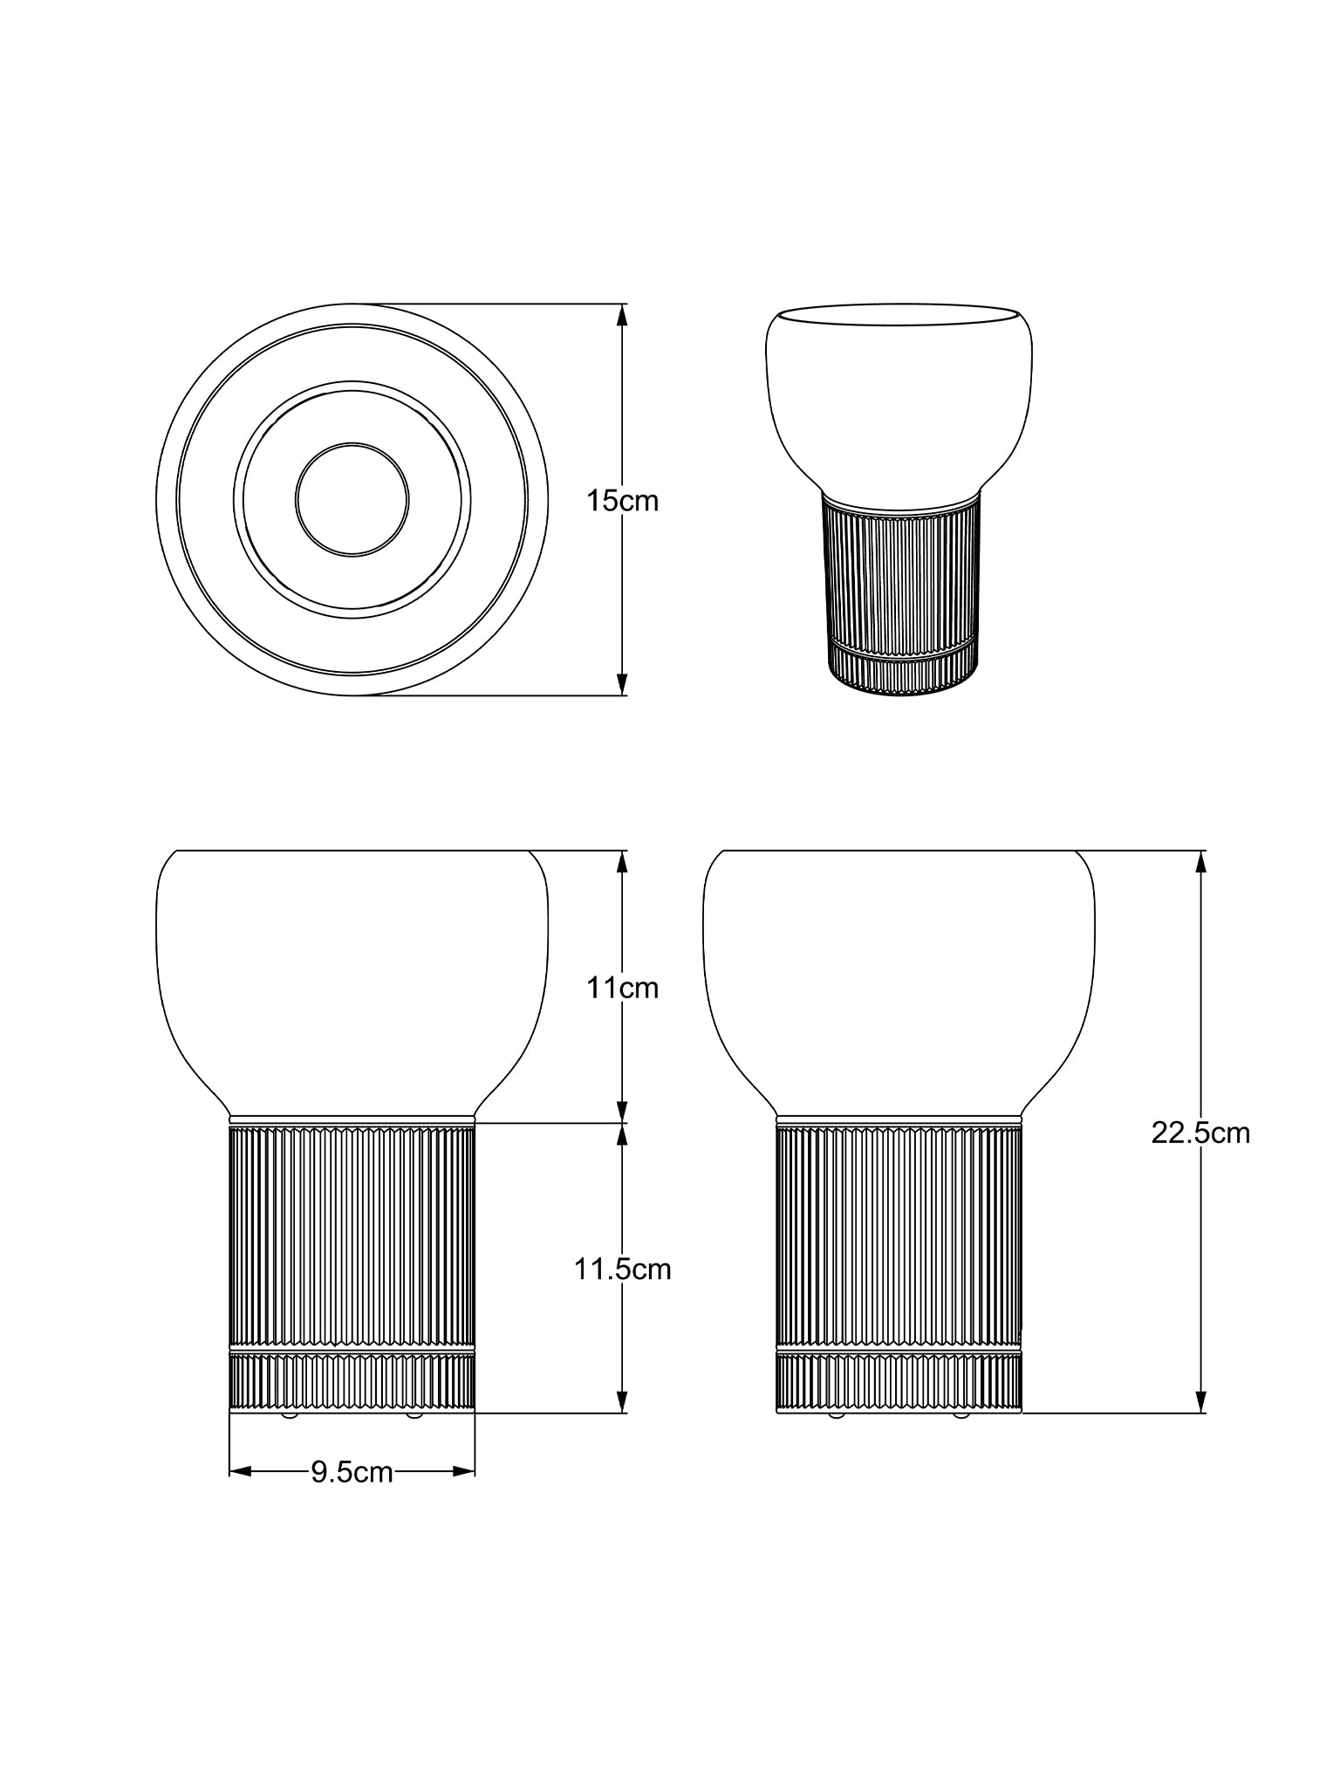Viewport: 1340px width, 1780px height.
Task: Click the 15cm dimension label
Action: [x=622, y=501]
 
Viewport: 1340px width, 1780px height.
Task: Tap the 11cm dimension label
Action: [x=622, y=988]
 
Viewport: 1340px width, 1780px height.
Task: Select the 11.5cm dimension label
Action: [x=622, y=1269]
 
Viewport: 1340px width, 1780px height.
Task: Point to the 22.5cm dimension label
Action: [x=1200, y=1133]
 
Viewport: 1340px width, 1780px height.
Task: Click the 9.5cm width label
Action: [x=352, y=1473]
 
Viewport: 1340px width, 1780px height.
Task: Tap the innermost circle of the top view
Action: [x=352, y=443]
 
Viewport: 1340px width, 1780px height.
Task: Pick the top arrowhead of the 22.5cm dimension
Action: [x=1200, y=861]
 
